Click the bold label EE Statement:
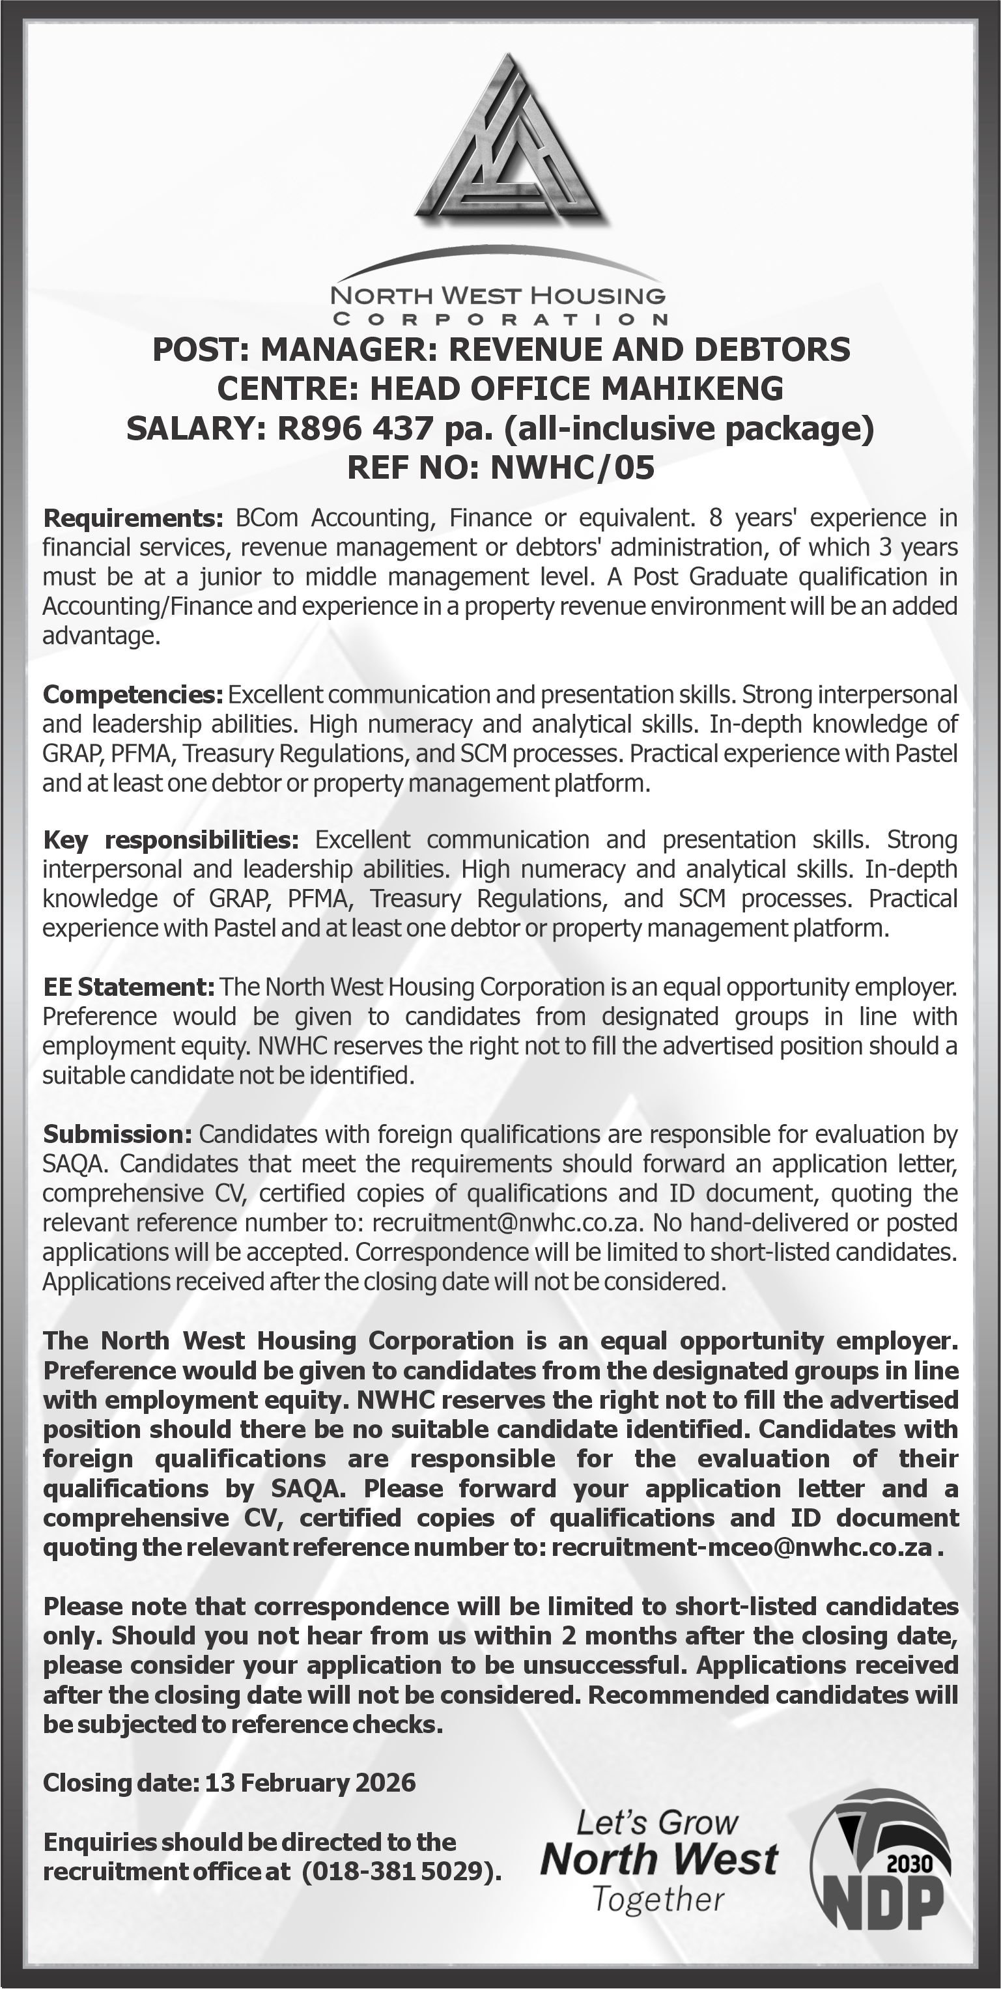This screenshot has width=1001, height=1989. [x=128, y=987]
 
